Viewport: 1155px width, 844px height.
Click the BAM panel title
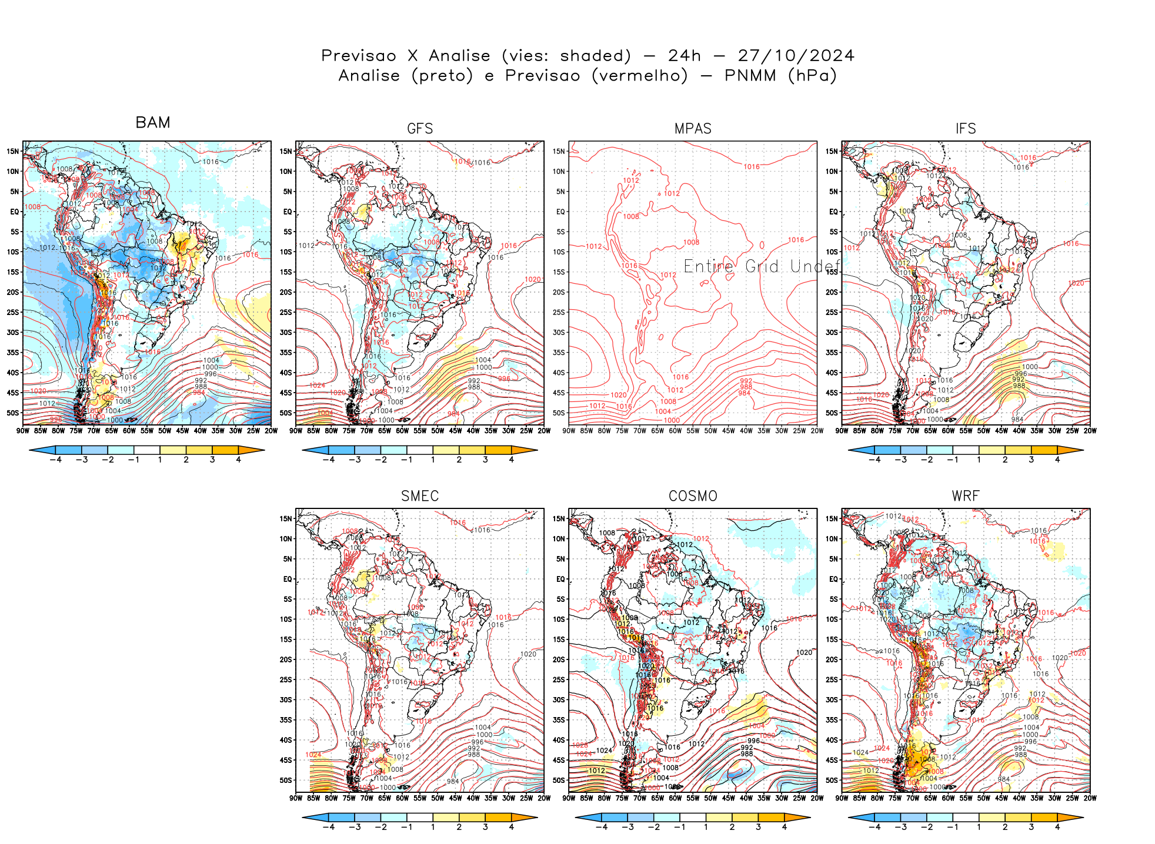tap(153, 122)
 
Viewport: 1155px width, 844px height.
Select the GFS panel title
tap(420, 129)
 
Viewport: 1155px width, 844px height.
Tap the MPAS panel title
tap(693, 129)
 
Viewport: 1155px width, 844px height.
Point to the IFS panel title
tap(966, 129)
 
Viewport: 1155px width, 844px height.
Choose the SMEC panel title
tap(420, 496)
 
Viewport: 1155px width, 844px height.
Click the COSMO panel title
tap(693, 496)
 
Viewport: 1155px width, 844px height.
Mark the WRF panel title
tap(966, 496)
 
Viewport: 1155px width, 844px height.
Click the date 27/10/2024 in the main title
tap(796, 56)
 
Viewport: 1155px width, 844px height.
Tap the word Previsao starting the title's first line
tap(359, 56)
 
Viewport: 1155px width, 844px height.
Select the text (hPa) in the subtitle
tap(812, 76)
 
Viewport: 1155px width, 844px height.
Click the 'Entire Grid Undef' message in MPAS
tap(762, 267)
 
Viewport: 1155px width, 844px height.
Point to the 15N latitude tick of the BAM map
tap(13, 151)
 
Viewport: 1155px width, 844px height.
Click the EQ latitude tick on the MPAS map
tap(560, 212)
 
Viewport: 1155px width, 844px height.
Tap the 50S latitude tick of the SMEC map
tap(286, 780)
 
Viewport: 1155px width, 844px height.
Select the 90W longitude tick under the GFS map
tap(296, 431)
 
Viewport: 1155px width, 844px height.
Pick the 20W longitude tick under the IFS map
tap(1090, 431)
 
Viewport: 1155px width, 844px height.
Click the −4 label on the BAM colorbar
tap(55, 460)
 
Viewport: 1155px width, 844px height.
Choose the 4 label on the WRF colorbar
tap(1057, 827)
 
